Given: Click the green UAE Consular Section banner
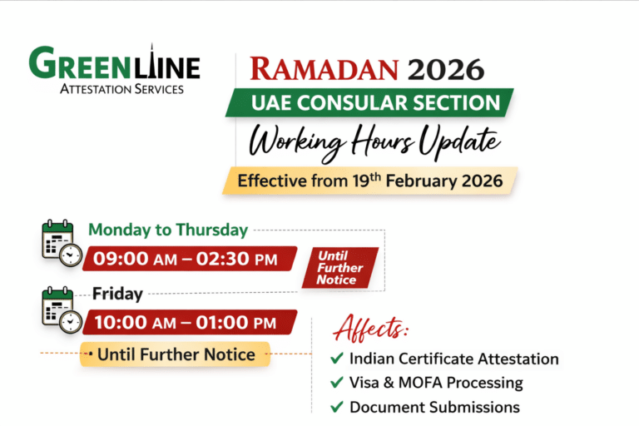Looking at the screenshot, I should (369, 103).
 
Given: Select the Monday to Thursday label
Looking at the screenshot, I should (168, 230).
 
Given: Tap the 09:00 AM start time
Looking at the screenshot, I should (133, 259).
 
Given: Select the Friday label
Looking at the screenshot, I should (117, 294).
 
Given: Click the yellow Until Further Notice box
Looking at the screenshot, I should (176, 354).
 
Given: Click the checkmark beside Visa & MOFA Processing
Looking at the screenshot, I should (336, 383).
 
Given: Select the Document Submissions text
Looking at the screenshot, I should (434, 407).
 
